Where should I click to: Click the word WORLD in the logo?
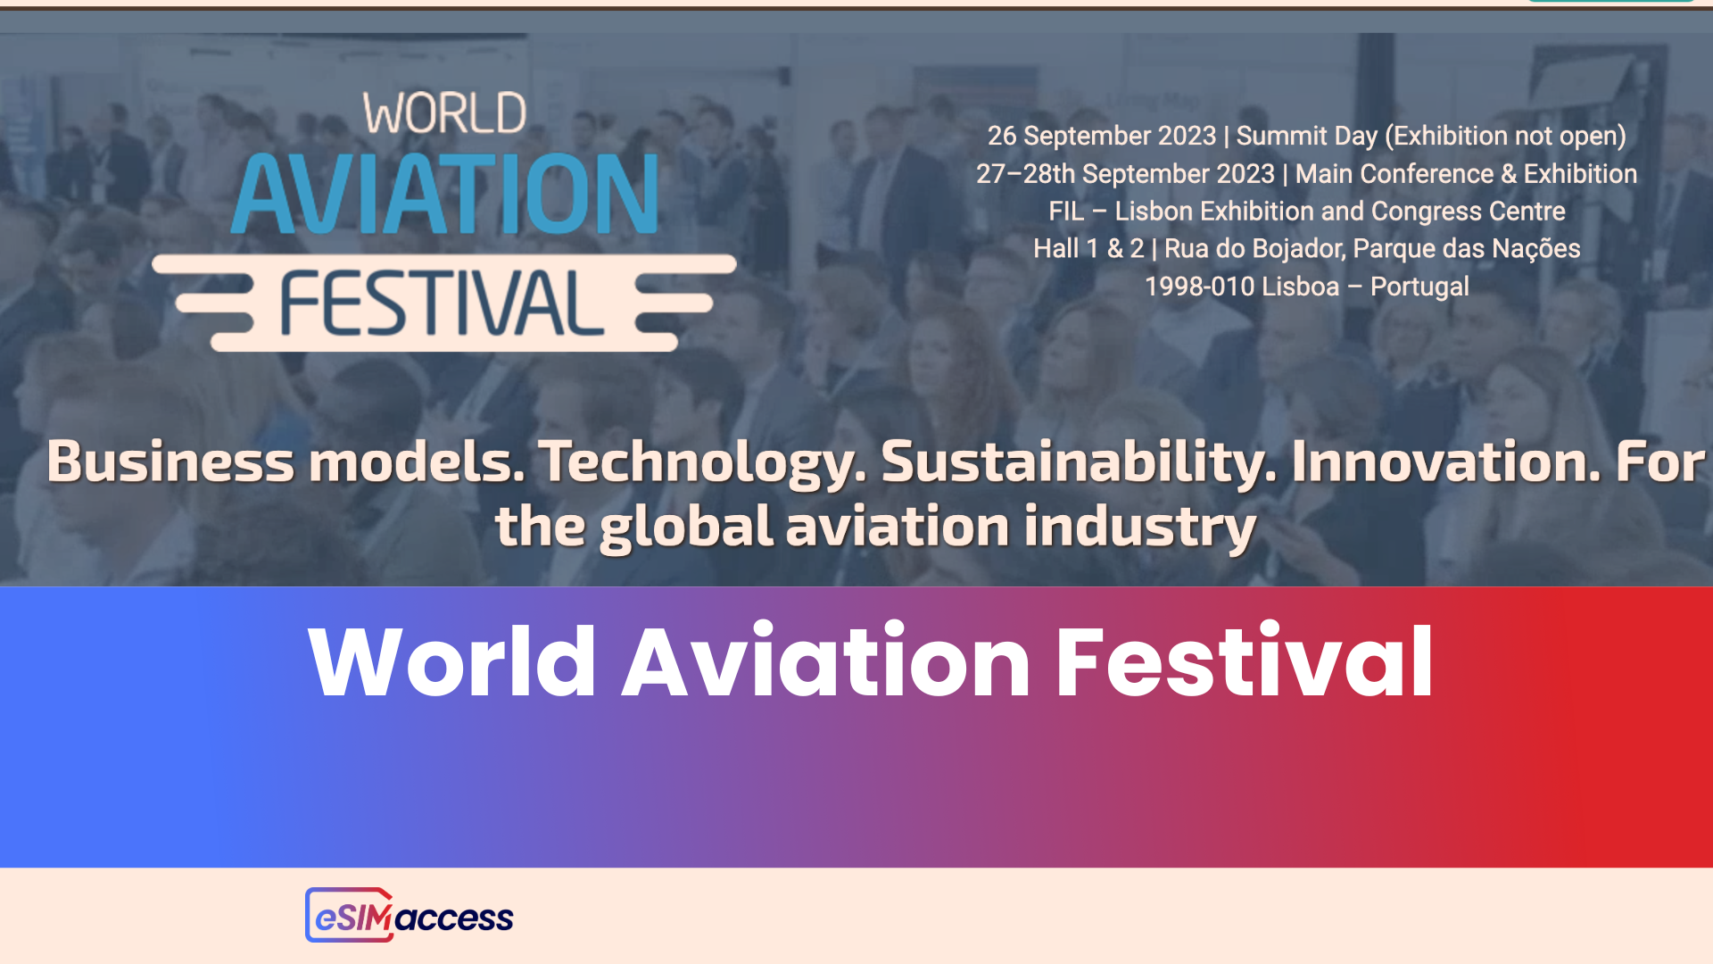tap(444, 114)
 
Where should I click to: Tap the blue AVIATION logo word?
tap(444, 194)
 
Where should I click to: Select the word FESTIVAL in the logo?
tap(443, 303)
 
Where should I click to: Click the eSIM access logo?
tap(410, 916)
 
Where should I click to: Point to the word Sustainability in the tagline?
tap(1078, 462)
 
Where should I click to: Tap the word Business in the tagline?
tap(170, 462)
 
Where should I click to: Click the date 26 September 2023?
tap(1101, 136)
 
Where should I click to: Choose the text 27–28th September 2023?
tap(1125, 174)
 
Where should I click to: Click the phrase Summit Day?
tap(1306, 136)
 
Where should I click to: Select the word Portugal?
tap(1419, 287)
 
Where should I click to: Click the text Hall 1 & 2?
tap(1088, 249)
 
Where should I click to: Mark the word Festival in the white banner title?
tap(1244, 662)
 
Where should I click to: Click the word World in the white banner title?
tap(452, 662)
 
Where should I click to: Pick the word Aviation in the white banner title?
tap(826, 662)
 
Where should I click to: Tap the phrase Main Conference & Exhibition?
tap(1466, 174)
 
